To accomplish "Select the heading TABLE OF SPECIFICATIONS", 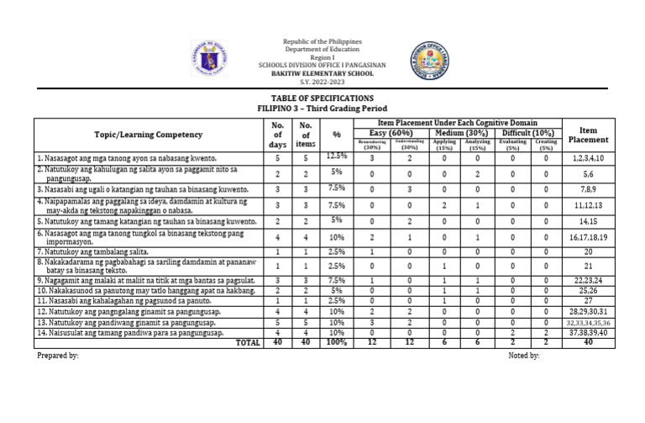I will (322, 98).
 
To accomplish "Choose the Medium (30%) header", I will (461, 133).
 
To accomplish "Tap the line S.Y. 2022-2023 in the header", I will (322, 82).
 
